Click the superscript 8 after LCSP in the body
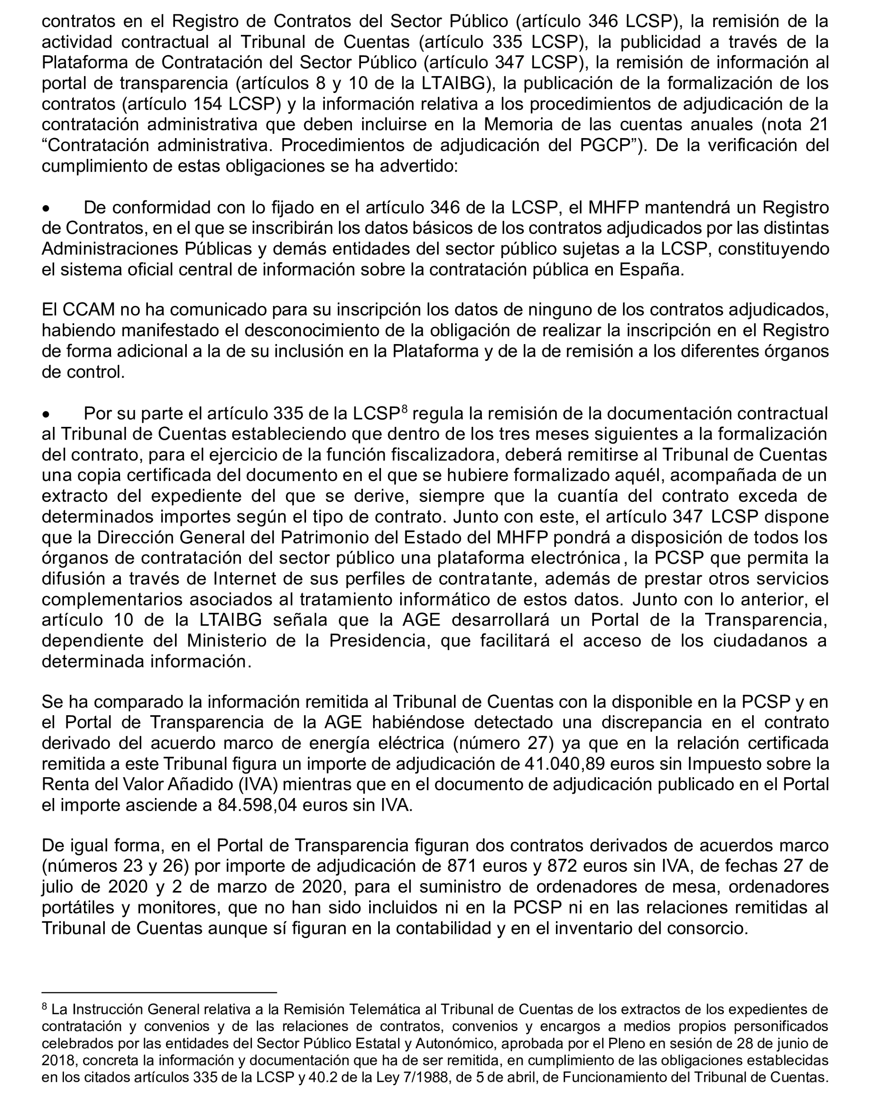point(404,408)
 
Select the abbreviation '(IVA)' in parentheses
point(258,784)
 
